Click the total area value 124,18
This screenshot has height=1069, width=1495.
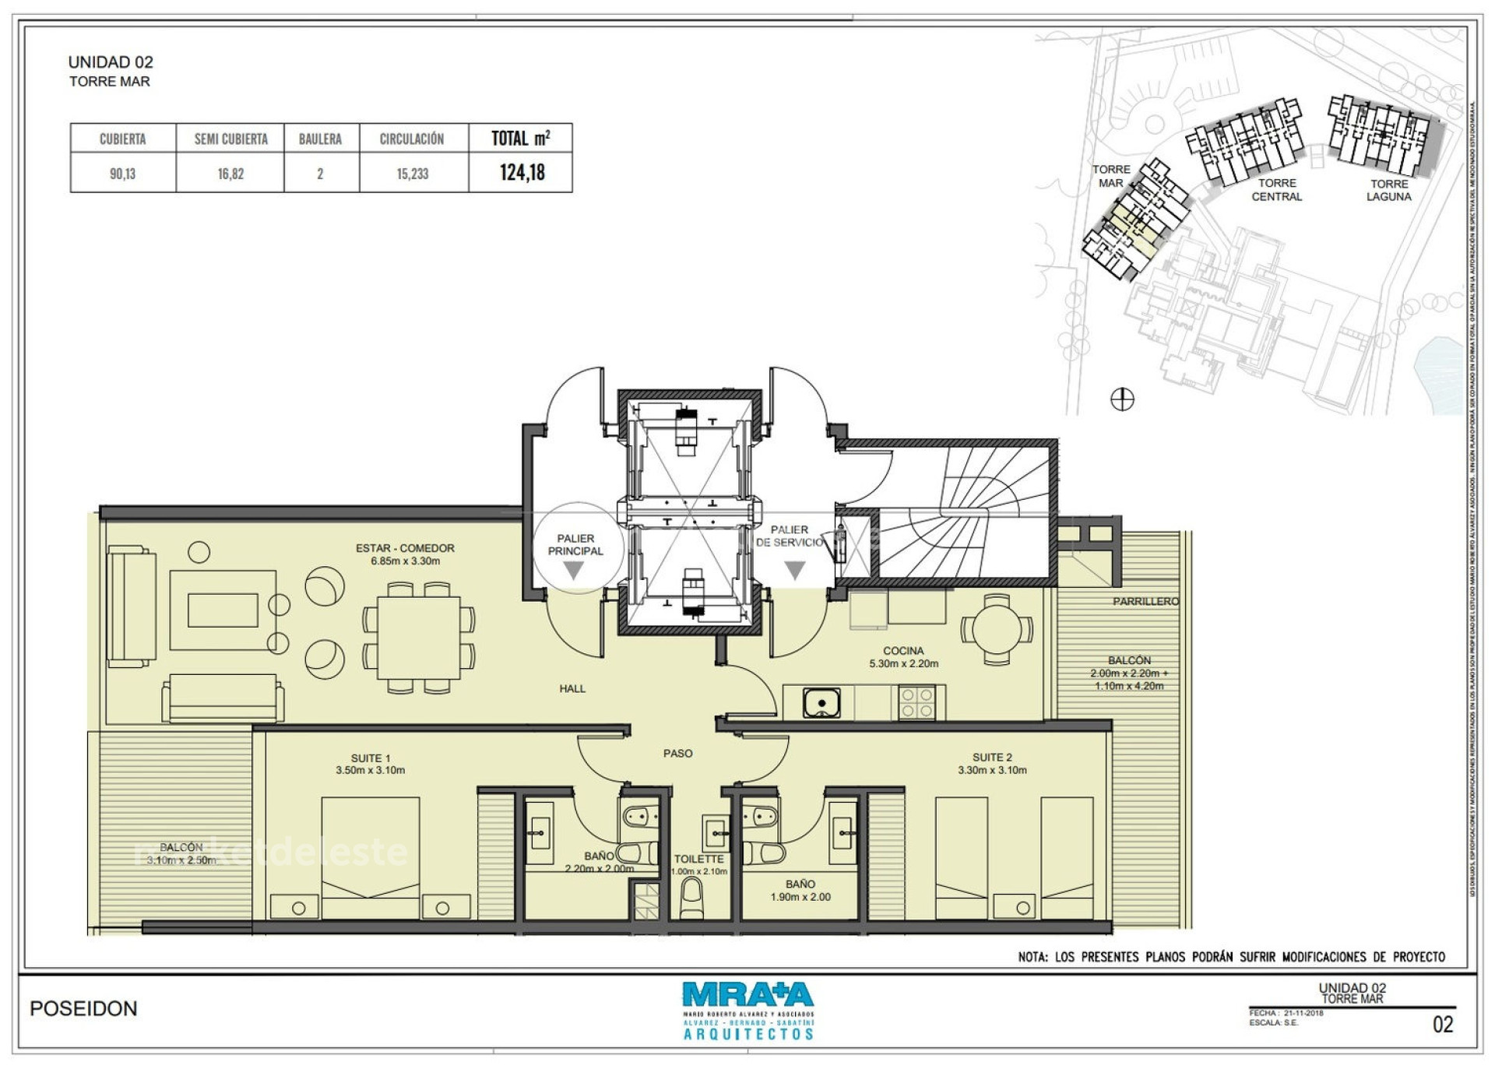pyautogui.click(x=522, y=172)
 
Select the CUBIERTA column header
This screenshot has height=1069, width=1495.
pyautogui.click(x=122, y=139)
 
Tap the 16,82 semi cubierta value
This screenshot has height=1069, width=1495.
pyautogui.click(x=230, y=174)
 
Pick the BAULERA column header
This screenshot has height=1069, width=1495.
pyautogui.click(x=320, y=139)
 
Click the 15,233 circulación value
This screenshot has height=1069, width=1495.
pyautogui.click(x=413, y=174)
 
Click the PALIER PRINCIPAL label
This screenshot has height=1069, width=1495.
pyautogui.click(x=575, y=544)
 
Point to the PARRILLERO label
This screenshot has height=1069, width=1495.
pyautogui.click(x=1145, y=602)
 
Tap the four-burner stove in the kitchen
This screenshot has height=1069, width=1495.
pyautogui.click(x=916, y=703)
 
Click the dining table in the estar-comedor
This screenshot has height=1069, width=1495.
pyautogui.click(x=419, y=638)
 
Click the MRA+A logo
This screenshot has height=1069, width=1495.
pyautogui.click(x=747, y=996)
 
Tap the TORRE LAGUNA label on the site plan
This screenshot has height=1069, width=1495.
pyautogui.click(x=1389, y=190)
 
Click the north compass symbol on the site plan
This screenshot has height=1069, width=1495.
pyautogui.click(x=1122, y=399)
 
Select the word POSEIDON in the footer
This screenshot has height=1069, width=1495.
pyautogui.click(x=83, y=1009)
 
